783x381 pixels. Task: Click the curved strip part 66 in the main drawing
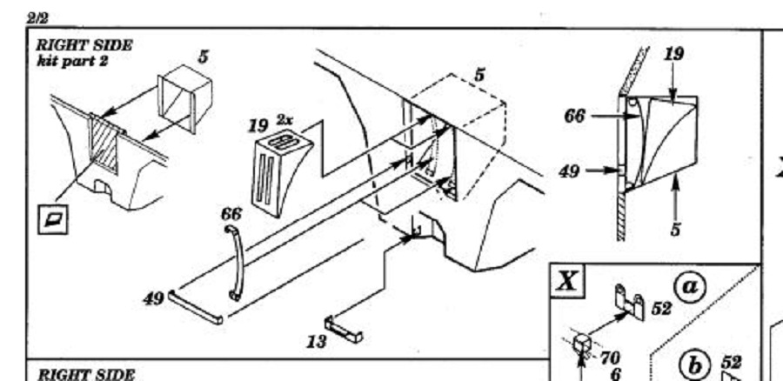coord(234,262)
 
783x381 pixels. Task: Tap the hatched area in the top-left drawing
coord(104,144)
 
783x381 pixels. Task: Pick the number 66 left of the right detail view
coord(576,115)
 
